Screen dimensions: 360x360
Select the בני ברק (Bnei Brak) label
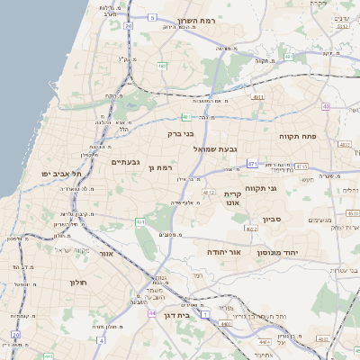[x=181, y=133]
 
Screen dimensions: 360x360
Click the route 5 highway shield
[x=152, y=17]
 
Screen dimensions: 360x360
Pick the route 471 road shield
[x=252, y=164]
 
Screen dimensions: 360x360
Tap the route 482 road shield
[x=162, y=65]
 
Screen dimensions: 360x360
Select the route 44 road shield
[x=154, y=313]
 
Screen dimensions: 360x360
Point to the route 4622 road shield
[x=252, y=229]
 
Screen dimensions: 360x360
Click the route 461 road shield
[x=140, y=221]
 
